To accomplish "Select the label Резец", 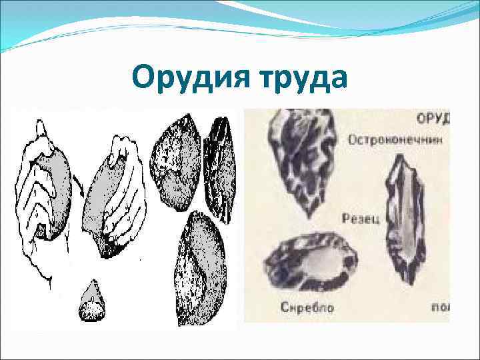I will [361, 217].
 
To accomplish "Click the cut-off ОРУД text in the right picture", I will [434, 119].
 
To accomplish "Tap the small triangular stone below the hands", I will [92, 302].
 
